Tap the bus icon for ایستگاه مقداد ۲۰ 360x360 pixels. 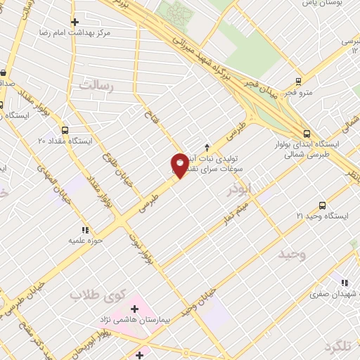point(65,130)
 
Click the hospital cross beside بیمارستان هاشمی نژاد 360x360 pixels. point(134,309)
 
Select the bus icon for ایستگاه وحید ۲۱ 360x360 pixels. point(322,205)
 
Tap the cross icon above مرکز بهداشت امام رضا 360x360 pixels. point(75,22)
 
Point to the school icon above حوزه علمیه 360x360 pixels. point(85,229)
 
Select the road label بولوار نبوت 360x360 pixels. point(138,247)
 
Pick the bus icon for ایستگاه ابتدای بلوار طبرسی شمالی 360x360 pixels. point(306,134)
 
